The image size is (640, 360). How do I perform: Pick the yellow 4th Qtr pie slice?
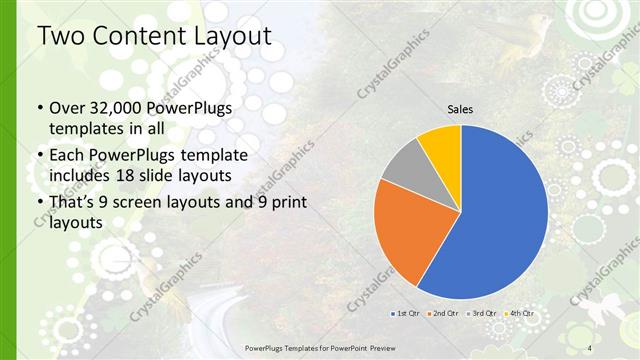[x=441, y=144]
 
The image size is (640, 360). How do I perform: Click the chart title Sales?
[x=460, y=110]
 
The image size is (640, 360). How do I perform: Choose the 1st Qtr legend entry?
[x=405, y=313]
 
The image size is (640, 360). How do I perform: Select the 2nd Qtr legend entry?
[x=444, y=313]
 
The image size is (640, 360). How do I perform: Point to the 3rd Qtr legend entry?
[x=483, y=313]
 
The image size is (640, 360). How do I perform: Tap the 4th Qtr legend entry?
[x=521, y=313]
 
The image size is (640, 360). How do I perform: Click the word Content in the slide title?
[x=133, y=37]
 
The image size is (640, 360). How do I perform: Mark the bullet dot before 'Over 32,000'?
[x=39, y=106]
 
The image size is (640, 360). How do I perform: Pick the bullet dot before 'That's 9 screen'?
[x=39, y=204]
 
